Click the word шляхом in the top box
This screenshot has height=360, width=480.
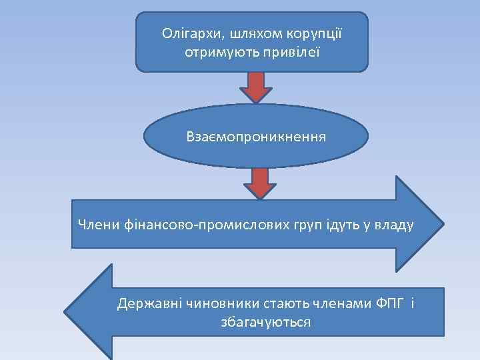pos(249,33)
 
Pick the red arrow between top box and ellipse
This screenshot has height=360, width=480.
pos(256,87)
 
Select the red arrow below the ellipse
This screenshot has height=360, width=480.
pos(260,182)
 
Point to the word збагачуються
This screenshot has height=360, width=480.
pos(265,322)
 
